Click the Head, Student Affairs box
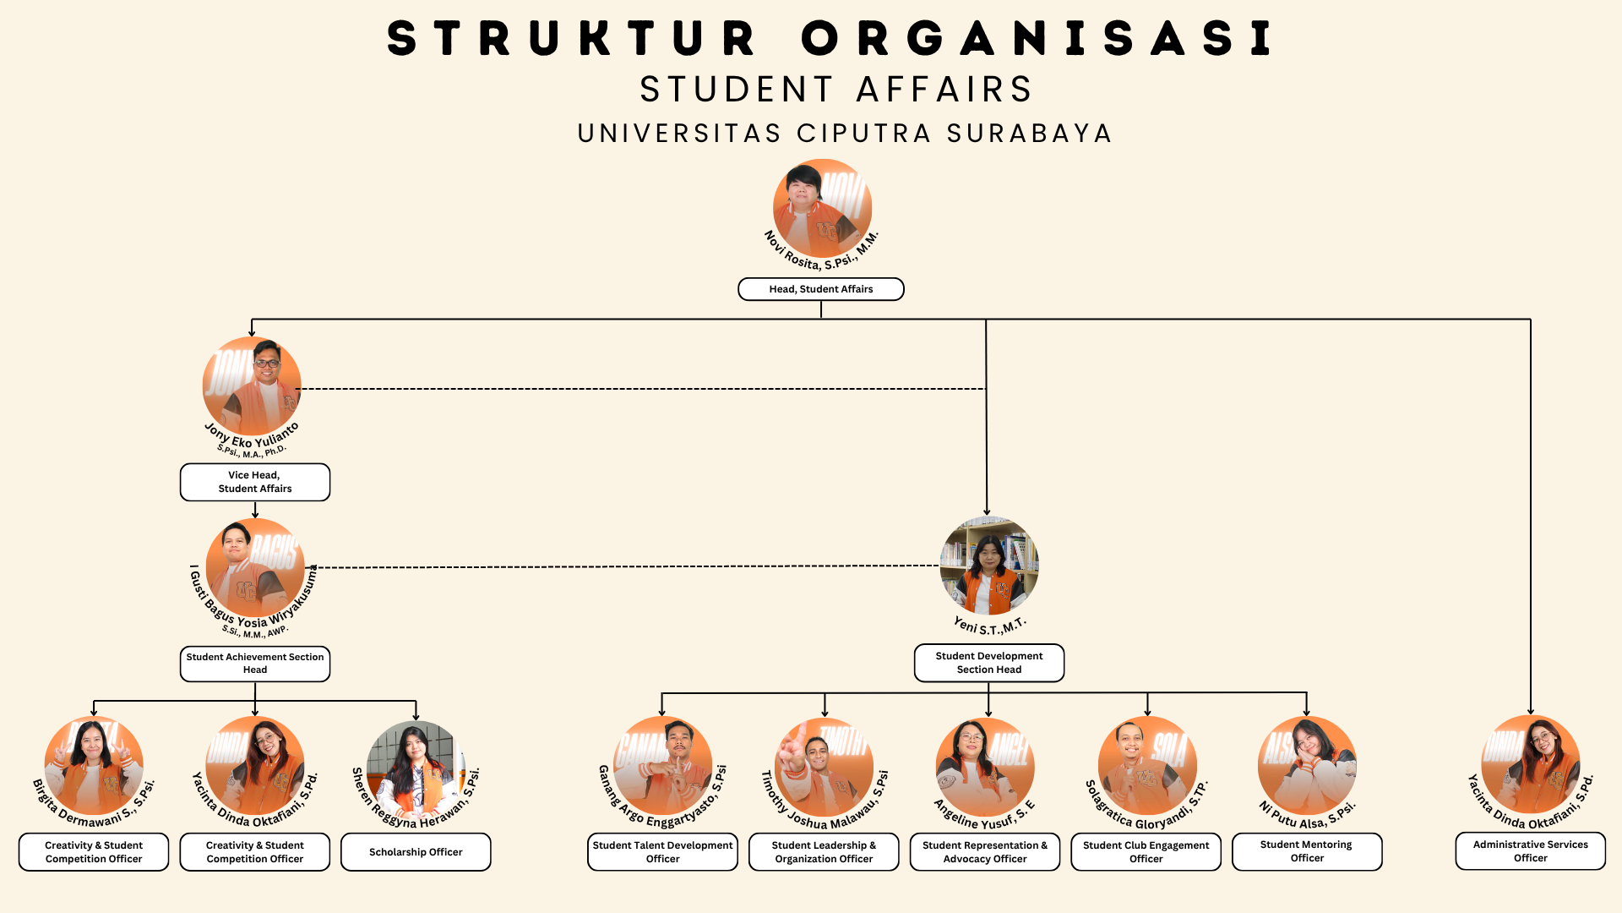[820, 289]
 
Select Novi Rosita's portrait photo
[822, 208]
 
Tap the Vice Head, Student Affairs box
[254, 482]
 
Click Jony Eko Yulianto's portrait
[252, 386]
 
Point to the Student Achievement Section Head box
[254, 664]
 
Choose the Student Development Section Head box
[988, 663]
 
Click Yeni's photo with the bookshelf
[988, 566]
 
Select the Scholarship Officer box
[416, 852]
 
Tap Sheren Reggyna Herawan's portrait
[416, 769]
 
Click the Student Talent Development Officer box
[662, 852]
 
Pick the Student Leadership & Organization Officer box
[824, 852]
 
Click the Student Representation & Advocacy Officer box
[984, 852]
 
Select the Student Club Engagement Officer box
[1146, 852]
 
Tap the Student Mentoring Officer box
[1306, 851]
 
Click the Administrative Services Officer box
[1530, 851]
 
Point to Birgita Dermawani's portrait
[94, 766]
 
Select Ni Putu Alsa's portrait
[1307, 766]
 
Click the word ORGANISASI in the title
[1037, 39]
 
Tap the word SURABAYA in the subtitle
[1029, 134]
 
